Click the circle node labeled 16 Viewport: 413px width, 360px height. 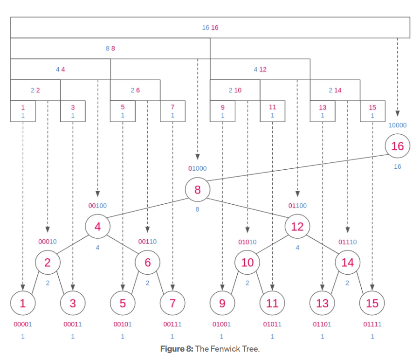(397, 146)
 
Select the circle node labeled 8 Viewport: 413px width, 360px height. (197, 190)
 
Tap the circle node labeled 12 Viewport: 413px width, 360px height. (297, 227)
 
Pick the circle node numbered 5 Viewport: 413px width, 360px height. (123, 304)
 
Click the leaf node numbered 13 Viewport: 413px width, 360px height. (322, 304)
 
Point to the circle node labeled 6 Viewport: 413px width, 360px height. (147, 263)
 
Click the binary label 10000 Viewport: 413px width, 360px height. (397, 125)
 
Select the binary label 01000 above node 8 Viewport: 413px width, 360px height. (197, 169)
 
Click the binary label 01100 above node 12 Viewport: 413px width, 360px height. (297, 206)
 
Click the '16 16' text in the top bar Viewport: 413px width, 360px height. (210, 28)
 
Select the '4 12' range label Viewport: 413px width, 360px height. (260, 69)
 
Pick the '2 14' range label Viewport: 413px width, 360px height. (335, 90)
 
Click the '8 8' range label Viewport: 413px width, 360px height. (110, 48)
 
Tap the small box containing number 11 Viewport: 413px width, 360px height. (272, 111)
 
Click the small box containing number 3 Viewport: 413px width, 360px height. (73, 111)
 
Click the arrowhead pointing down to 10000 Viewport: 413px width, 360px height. (397, 113)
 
